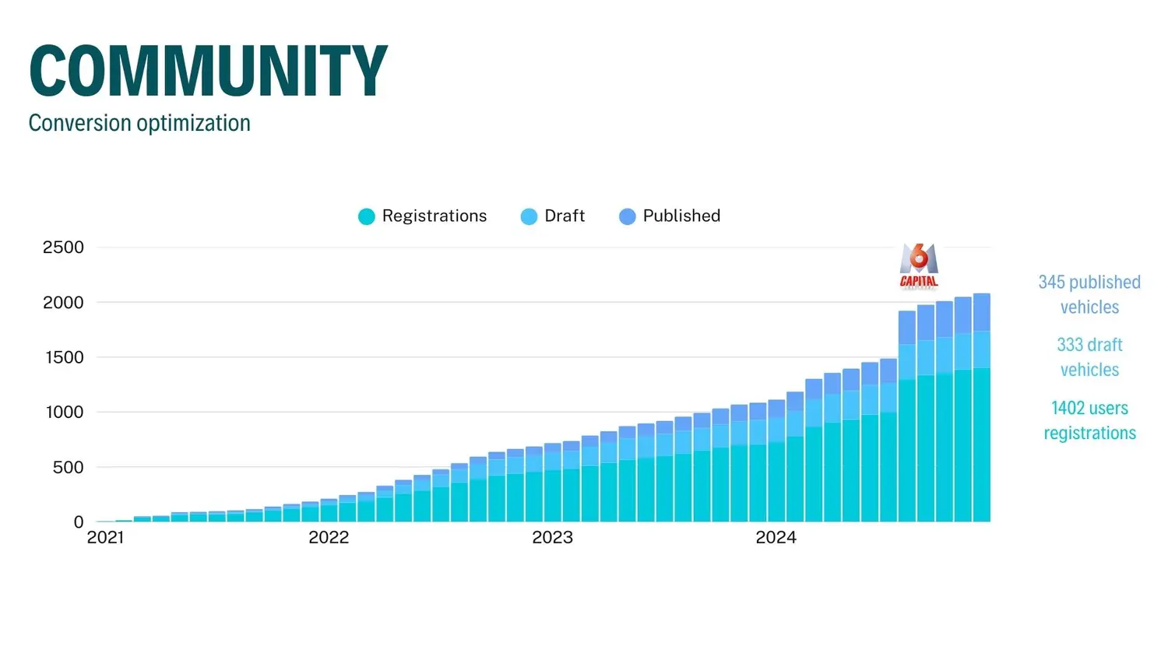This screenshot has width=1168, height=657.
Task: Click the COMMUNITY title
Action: [208, 71]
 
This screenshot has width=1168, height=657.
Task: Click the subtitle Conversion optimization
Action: [139, 123]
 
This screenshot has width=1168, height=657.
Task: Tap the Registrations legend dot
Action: [366, 216]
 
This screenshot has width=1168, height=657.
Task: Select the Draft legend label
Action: [565, 216]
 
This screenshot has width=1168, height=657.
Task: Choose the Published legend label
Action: [681, 216]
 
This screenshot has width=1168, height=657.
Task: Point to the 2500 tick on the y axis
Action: [63, 248]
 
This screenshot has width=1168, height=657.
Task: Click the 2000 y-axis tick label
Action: [63, 303]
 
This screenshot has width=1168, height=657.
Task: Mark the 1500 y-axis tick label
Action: [63, 357]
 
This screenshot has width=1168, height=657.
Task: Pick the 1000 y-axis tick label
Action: [65, 413]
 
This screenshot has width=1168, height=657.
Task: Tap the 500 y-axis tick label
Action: [68, 467]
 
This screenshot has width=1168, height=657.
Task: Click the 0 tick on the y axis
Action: [78, 522]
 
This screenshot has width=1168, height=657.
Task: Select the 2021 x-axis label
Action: [105, 538]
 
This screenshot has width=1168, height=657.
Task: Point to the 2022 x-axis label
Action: [329, 538]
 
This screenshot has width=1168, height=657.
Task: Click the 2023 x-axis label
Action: [552, 538]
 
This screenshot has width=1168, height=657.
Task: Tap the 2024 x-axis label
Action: [776, 538]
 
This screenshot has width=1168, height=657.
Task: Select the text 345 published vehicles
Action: [1089, 294]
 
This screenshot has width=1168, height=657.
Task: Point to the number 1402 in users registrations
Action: [1067, 408]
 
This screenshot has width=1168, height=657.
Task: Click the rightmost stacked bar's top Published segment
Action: [982, 312]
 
